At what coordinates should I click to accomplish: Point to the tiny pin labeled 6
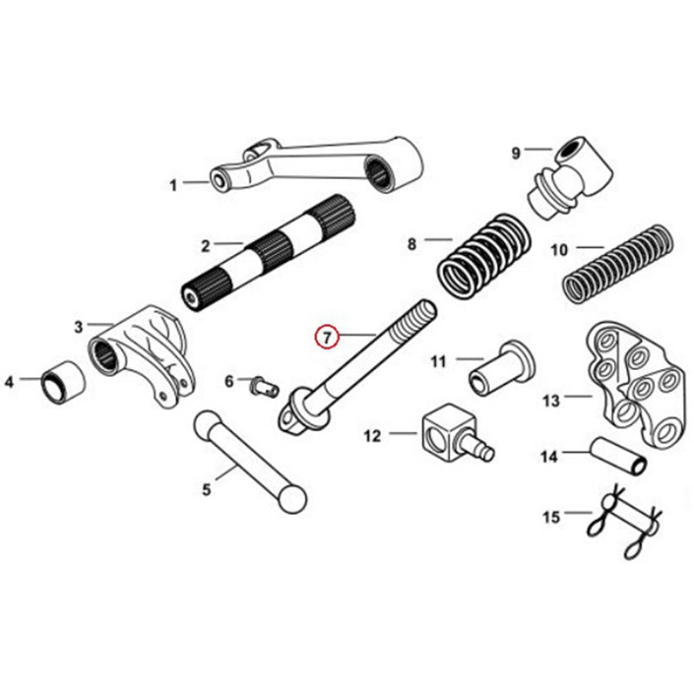pyautogui.click(x=264, y=385)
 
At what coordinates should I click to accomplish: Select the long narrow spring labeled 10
pyautogui.click(x=618, y=261)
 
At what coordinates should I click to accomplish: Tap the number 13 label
pyautogui.click(x=550, y=400)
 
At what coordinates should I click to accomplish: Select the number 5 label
pyautogui.click(x=206, y=490)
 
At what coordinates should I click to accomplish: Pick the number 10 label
pyautogui.click(x=559, y=249)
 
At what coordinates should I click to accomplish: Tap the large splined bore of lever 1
pyautogui.click(x=380, y=171)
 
